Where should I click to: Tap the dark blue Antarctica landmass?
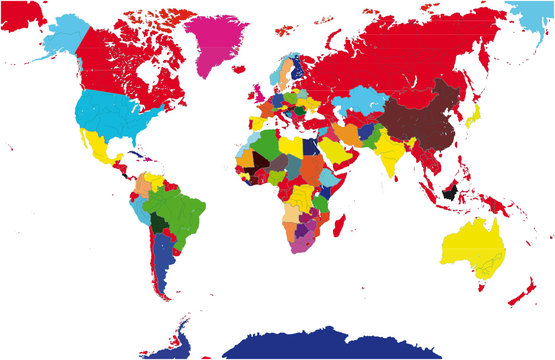tap(330, 345)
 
